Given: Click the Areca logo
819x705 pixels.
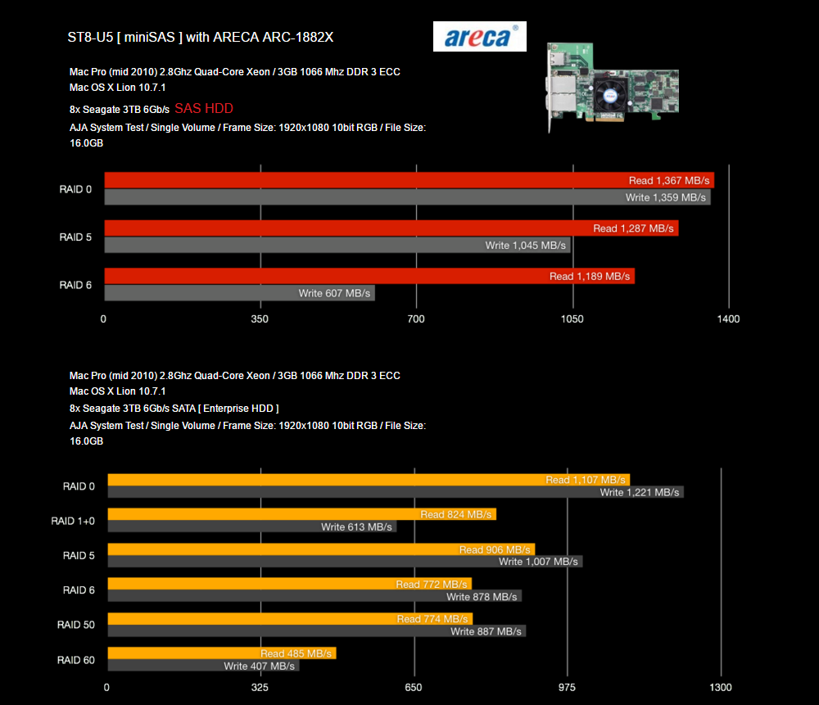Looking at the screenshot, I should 480,37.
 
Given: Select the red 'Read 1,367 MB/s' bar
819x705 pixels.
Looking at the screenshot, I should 409,180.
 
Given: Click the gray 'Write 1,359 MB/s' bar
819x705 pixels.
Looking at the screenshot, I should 407,197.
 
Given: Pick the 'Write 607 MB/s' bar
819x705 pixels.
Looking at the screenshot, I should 239,293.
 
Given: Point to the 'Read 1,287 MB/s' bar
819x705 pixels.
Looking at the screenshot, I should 391,228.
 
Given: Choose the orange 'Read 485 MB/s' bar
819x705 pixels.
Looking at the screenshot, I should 221,653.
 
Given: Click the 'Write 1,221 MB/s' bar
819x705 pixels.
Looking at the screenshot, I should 396,492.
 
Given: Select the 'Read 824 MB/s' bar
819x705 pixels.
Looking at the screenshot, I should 301,514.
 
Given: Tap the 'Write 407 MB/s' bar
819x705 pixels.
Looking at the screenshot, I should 203,666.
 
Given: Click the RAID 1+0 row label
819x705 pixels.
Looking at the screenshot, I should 73,521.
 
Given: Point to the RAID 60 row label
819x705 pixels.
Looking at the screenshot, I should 76,660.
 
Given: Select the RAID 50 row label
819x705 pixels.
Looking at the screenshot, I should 76,625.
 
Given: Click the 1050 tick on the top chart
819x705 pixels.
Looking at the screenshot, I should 572,319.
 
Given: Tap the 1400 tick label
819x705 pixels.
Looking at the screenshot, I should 728,319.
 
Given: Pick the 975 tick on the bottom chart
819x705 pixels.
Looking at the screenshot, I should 567,687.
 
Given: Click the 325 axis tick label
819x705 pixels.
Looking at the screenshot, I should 260,687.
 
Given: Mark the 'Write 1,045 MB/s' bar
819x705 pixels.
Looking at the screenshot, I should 337,246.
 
